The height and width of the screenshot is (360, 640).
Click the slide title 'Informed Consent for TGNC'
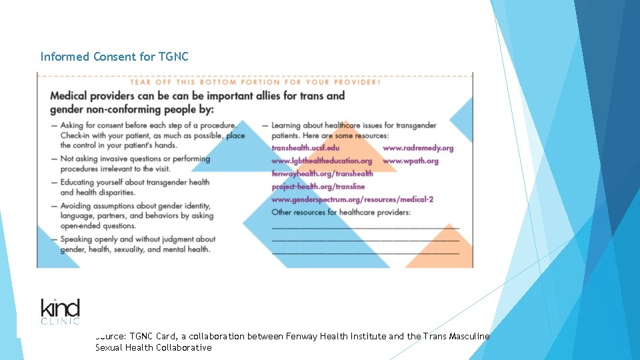(x=114, y=57)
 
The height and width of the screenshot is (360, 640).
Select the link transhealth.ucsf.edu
(x=305, y=148)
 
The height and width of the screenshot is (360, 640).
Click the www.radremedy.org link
(x=418, y=148)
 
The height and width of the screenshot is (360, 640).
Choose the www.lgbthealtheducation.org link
(x=322, y=161)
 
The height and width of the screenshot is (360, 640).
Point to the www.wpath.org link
(x=411, y=161)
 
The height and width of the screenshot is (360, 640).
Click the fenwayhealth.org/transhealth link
(x=322, y=173)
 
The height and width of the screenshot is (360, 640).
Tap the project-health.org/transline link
(x=318, y=187)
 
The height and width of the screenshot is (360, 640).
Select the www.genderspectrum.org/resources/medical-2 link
(x=353, y=199)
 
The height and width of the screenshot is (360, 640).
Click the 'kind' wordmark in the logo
(x=60, y=309)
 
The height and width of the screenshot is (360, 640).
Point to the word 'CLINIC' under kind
(x=60, y=321)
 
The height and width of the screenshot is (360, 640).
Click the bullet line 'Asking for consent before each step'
(x=148, y=125)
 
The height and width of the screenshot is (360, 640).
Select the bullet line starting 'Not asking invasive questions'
(x=135, y=159)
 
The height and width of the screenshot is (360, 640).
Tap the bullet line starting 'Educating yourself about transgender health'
(x=135, y=182)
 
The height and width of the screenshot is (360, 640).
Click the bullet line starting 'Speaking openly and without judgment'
(x=138, y=239)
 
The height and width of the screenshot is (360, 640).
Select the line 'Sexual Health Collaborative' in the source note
(x=153, y=347)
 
